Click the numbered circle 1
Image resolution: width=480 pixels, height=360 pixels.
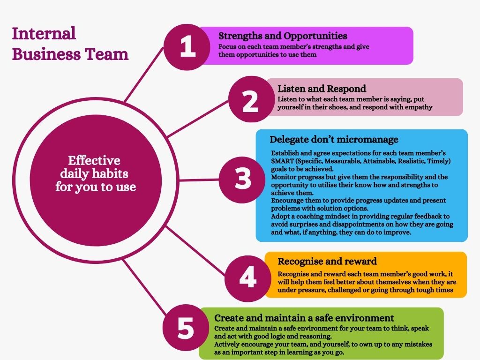click(187, 48)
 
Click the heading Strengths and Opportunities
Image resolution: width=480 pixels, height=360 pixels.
click(283, 36)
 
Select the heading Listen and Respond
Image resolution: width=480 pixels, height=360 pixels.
click(322, 89)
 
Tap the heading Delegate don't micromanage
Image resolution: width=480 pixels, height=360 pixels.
click(334, 139)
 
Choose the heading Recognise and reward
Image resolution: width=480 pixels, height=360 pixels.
click(327, 261)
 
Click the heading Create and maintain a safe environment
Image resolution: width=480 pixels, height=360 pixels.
click(304, 318)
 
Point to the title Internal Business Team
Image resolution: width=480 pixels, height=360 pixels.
click(70, 44)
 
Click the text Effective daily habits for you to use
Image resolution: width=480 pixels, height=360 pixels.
click(95, 174)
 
